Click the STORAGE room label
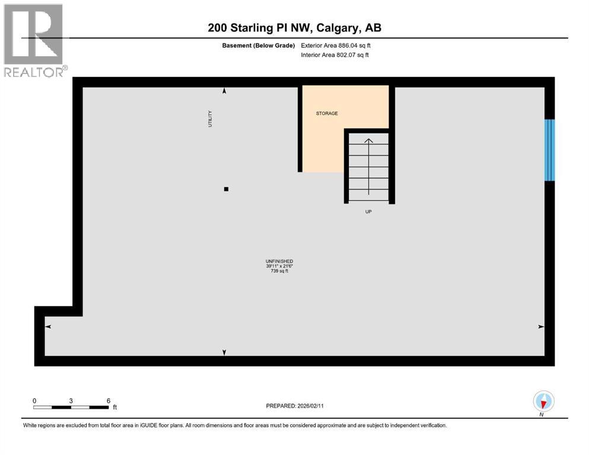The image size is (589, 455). [327, 113]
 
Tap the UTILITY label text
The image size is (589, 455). [210, 118]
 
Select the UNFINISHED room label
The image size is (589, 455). [279, 261]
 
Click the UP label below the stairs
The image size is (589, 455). [368, 212]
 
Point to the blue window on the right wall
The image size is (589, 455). [549, 150]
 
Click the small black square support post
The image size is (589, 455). [226, 190]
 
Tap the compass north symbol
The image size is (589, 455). [543, 402]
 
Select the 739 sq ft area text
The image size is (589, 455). [279, 271]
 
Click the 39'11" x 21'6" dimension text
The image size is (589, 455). [279, 266]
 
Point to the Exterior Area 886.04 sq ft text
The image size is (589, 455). [335, 45]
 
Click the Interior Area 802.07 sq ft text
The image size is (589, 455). [335, 55]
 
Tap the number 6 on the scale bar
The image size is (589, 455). [108, 400]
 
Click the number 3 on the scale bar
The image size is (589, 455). [71, 400]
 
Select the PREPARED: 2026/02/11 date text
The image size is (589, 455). [295, 405]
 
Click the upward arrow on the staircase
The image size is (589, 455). [368, 141]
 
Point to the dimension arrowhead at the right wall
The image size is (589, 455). [540, 326]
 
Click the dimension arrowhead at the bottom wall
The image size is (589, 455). [224, 353]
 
